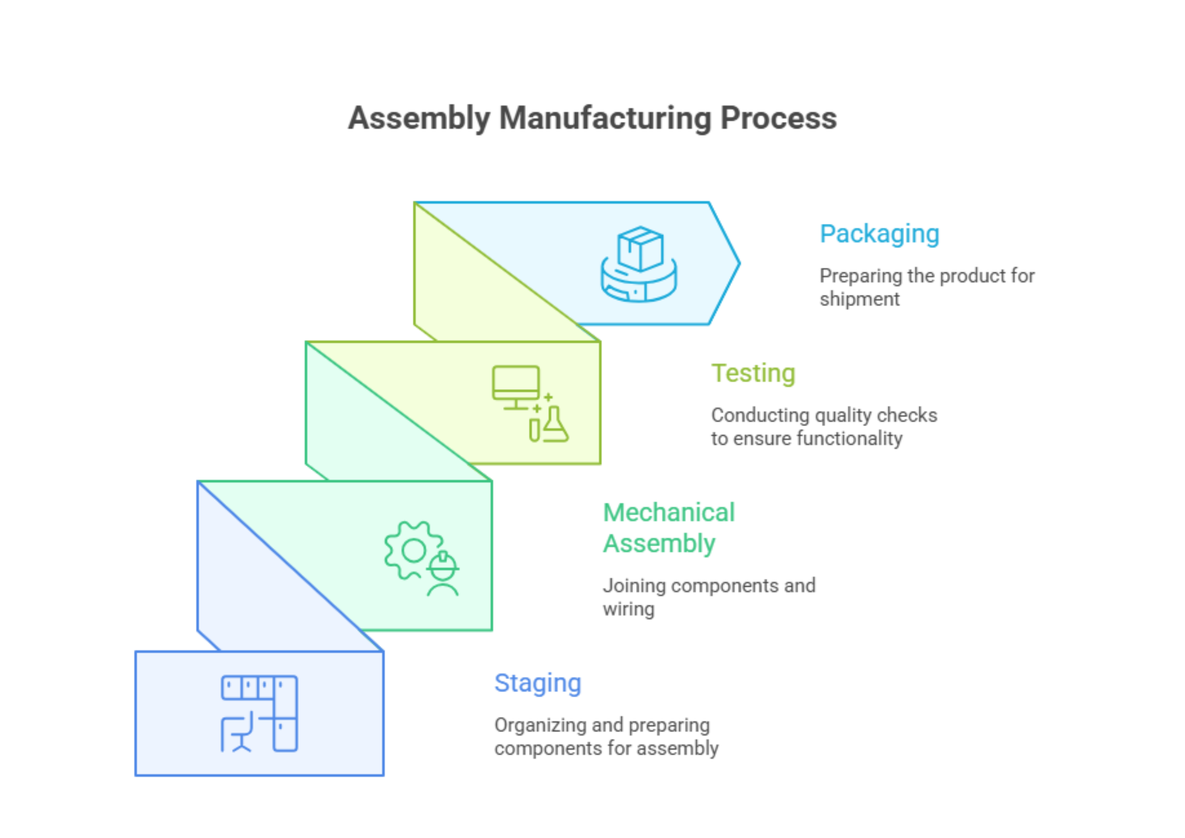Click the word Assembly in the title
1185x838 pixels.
pyautogui.click(x=419, y=118)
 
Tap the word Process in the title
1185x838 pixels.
pyautogui.click(x=779, y=118)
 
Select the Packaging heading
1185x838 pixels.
pyautogui.click(x=879, y=234)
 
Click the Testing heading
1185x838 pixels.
pyautogui.click(x=753, y=373)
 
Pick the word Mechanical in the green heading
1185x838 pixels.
pyautogui.click(x=669, y=512)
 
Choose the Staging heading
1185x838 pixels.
pyautogui.click(x=537, y=683)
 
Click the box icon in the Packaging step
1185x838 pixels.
pyautogui.click(x=640, y=249)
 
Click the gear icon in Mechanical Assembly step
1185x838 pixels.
pyautogui.click(x=412, y=550)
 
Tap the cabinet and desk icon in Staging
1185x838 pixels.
pyautogui.click(x=259, y=713)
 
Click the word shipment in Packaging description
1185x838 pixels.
pyautogui.click(x=859, y=299)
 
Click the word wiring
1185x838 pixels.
pyautogui.click(x=628, y=609)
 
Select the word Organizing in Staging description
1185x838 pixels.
pyautogui.click(x=540, y=726)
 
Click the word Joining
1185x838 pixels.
pyautogui.click(x=634, y=586)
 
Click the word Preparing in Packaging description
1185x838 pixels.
pyautogui.click(x=860, y=276)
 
